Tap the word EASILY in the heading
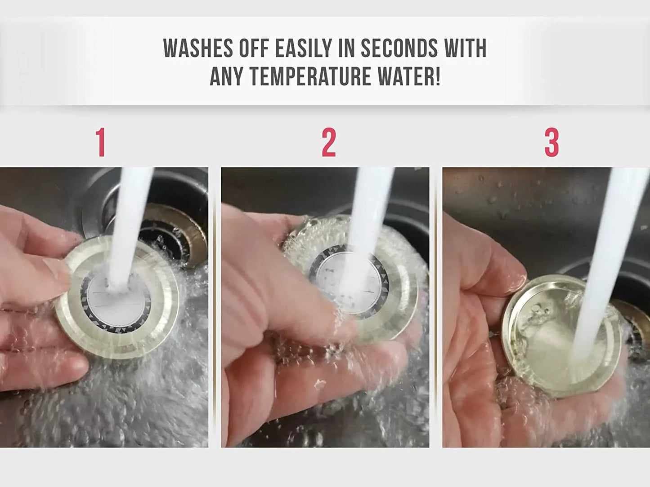[x=303, y=48]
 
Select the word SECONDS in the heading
[x=399, y=48]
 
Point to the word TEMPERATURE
[x=310, y=76]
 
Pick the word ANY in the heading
[x=226, y=76]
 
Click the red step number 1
[x=101, y=142]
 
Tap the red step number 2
[x=329, y=142]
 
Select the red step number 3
[x=551, y=142]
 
